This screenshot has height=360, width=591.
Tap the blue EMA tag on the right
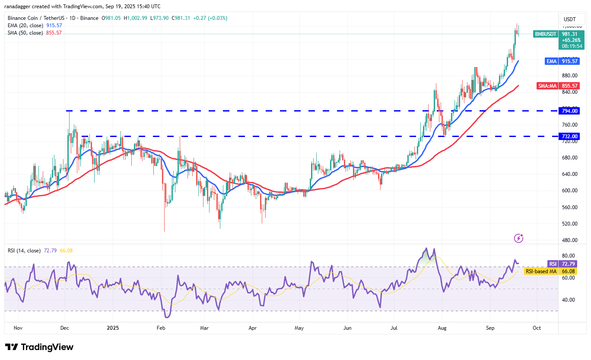pos(551,61)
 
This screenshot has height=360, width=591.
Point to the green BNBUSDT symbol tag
pos(546,34)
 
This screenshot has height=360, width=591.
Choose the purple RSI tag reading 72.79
pos(553,264)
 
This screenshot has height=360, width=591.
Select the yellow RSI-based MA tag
pos(541,271)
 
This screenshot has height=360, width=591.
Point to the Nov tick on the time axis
pos(18,328)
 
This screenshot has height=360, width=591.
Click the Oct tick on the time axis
pos(537,328)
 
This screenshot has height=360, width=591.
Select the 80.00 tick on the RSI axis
pos(569,256)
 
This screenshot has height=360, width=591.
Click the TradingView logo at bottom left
pos(39,347)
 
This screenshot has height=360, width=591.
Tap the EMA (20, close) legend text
pos(25,25)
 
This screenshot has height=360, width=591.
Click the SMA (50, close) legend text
pos(25,33)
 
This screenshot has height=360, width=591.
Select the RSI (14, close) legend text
pos(24,251)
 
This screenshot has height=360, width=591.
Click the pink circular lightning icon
pos(519,238)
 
